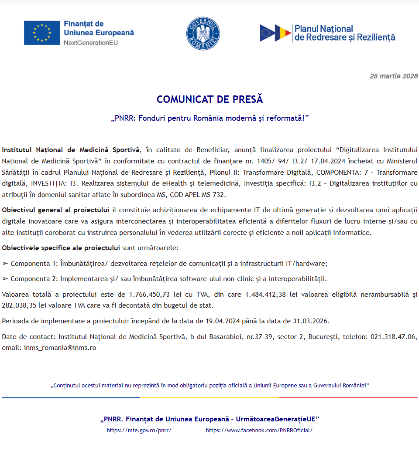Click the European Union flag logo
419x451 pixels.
tap(42, 33)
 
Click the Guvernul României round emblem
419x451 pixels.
tap(203, 34)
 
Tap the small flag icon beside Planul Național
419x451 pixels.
tap(275, 33)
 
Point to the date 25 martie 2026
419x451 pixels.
tap(394, 76)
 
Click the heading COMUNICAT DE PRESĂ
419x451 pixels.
tap(210, 99)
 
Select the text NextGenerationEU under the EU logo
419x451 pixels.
tap(91, 43)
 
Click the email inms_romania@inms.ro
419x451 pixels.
tap(60, 348)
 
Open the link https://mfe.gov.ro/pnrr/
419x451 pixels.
tap(139, 430)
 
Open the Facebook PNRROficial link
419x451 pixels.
tap(259, 430)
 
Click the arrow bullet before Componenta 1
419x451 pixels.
tap(5, 264)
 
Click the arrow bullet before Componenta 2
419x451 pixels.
tap(5, 279)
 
